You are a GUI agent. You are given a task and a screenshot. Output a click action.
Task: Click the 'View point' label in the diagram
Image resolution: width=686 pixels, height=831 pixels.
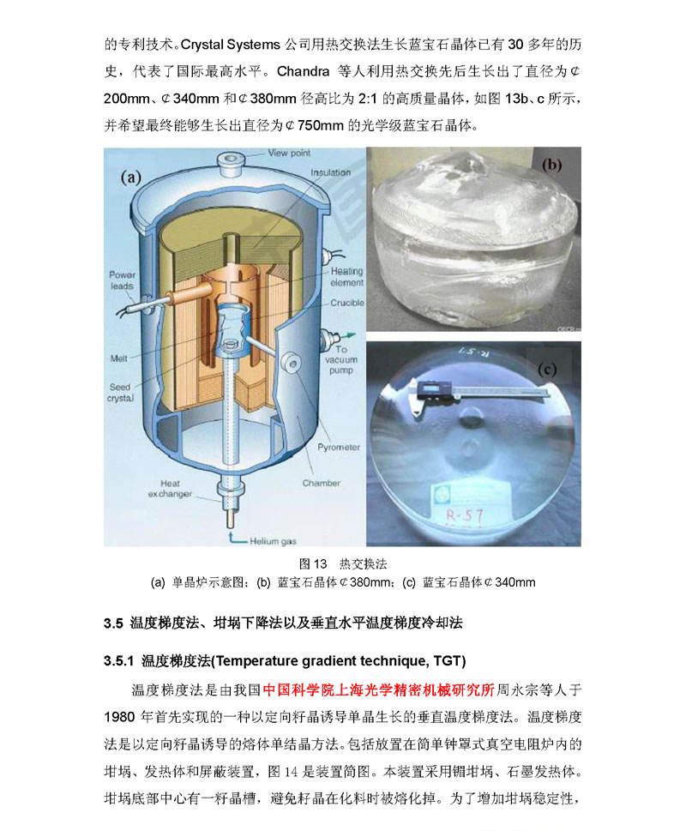coord(289,154)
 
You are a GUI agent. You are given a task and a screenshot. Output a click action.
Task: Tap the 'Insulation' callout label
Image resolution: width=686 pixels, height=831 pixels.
coord(330,172)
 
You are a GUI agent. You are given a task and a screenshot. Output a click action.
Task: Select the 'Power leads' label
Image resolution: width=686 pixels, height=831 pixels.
coord(122,280)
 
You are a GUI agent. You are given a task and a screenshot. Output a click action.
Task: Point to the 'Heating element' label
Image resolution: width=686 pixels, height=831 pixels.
coord(347,277)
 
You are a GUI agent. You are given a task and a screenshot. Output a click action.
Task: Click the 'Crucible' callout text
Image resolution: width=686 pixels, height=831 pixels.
coord(347,303)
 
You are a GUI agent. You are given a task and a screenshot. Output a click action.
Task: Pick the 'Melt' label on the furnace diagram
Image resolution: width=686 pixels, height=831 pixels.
coord(118,358)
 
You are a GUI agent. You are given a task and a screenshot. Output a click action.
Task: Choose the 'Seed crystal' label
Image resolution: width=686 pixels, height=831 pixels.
coord(120,393)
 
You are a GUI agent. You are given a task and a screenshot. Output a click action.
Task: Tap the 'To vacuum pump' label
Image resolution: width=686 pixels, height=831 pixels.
coord(341,360)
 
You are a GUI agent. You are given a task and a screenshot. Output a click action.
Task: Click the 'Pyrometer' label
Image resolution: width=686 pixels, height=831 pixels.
coord(339,448)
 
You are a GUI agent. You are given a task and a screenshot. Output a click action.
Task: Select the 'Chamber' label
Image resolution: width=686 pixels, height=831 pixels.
coord(321,484)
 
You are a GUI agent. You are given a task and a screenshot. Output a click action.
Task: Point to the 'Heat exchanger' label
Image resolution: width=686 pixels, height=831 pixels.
coord(170,489)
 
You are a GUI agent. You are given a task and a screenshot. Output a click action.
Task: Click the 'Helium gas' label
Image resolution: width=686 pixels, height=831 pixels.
coord(273,541)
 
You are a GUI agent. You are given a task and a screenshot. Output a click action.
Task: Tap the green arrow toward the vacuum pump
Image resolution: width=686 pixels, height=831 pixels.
coord(347,335)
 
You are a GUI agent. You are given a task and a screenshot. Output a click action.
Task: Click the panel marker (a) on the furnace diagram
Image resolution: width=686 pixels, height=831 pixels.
coord(131,177)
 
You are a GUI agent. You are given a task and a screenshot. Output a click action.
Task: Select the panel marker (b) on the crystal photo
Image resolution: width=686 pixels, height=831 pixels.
coord(551,165)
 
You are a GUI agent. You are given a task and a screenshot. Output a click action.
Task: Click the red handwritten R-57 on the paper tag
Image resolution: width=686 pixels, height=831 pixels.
coord(465,515)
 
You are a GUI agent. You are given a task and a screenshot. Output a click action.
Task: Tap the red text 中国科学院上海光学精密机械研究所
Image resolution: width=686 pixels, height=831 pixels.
coord(378,689)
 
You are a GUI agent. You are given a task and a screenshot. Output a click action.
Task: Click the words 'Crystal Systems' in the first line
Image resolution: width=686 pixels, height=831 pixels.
coord(230,45)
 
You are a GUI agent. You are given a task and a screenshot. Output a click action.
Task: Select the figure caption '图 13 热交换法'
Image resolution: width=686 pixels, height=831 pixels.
coord(343,564)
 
